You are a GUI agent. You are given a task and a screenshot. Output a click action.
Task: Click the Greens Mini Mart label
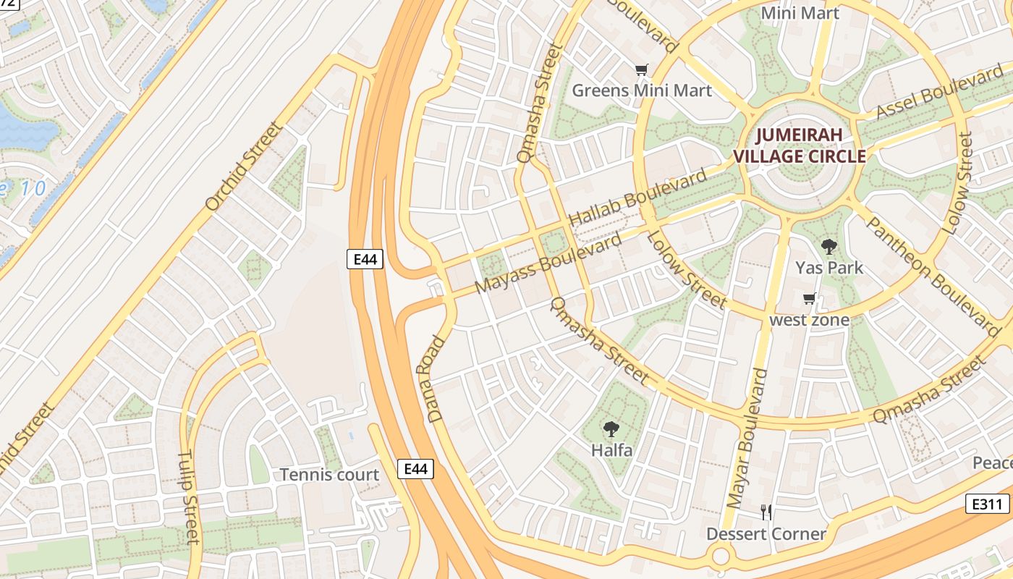[642, 90]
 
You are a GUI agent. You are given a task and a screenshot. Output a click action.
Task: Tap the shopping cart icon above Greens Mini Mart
[641, 70]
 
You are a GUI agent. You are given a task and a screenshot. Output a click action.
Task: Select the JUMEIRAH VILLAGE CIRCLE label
[799, 145]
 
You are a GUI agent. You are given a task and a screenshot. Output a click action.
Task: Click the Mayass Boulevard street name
[548, 263]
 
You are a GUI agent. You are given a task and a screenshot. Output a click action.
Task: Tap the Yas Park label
[829, 268]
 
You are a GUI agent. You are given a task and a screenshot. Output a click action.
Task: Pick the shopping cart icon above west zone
[809, 299]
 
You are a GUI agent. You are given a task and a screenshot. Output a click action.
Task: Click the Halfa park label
[611, 450]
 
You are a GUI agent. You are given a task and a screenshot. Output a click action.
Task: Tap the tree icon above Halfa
[611, 429]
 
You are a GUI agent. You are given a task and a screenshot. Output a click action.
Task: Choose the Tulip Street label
[188, 498]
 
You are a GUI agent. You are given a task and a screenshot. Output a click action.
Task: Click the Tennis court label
[329, 475]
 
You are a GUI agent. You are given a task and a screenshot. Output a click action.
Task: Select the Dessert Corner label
[766, 534]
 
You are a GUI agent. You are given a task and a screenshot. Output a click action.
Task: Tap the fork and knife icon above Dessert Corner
[766, 513]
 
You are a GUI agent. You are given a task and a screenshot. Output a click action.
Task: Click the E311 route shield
[987, 504]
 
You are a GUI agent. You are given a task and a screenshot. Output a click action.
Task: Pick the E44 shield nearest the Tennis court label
[415, 469]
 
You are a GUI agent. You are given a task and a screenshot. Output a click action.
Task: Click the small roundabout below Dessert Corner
[721, 557]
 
